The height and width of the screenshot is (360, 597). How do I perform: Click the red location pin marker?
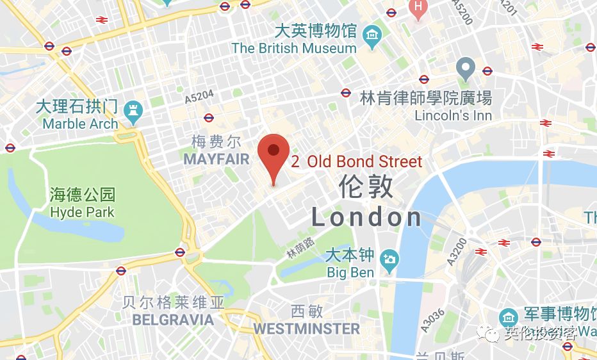tap(274, 154)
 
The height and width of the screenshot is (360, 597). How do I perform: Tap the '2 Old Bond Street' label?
tap(357, 161)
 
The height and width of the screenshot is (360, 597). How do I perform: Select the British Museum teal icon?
tap(370, 33)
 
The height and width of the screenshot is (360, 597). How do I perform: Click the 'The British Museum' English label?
tap(294, 48)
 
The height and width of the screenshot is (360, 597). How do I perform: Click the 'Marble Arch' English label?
tap(81, 124)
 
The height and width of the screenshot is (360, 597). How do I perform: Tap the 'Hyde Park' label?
tap(82, 212)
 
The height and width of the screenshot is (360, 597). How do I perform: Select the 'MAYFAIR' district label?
tap(216, 160)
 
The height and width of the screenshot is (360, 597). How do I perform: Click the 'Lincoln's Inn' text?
tap(453, 116)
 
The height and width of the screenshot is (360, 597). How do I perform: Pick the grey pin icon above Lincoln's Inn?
tap(466, 67)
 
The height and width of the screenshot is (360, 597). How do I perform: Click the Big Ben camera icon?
tap(389, 259)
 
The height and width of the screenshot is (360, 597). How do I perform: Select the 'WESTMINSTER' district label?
tap(306, 329)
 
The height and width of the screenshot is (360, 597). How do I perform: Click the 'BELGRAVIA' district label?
tap(172, 319)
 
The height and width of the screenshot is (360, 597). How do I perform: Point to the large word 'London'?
tap(366, 218)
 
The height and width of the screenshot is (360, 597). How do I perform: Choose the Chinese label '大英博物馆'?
tap(316, 31)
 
